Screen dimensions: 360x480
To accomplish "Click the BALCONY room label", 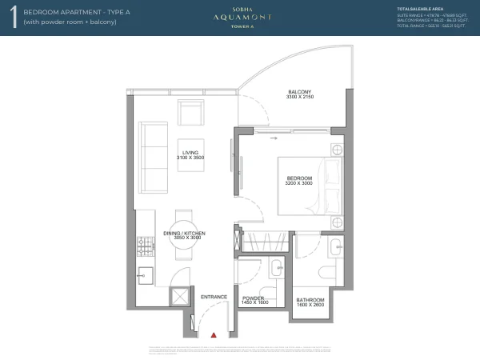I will click(x=299, y=92).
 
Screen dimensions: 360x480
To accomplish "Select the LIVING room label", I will click(x=190, y=152).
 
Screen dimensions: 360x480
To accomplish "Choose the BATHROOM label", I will click(x=310, y=300).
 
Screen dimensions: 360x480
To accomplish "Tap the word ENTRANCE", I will click(x=214, y=298).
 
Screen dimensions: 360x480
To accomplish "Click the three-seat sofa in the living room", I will click(x=150, y=158).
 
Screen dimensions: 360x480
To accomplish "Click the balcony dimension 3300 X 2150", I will click(x=299, y=98).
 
